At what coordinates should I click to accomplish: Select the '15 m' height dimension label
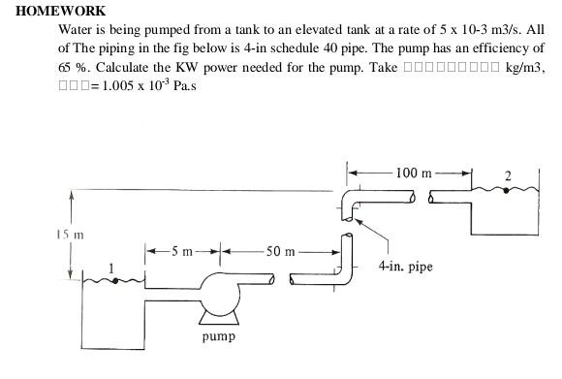point(69,234)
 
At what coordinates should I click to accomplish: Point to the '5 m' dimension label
point(183,251)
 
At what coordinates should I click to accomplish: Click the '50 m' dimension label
point(281,251)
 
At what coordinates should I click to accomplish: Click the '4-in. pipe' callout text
point(406,265)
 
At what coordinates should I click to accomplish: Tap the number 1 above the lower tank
point(110,267)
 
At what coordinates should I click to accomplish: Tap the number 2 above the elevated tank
point(509,174)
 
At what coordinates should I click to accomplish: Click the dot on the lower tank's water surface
point(114,281)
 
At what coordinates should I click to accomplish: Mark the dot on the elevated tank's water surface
point(505,191)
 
